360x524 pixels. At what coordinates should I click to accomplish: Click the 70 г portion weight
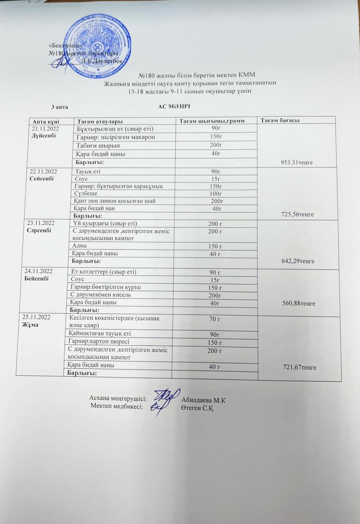point(215,319)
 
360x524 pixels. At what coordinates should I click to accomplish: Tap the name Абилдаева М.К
point(203,400)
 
